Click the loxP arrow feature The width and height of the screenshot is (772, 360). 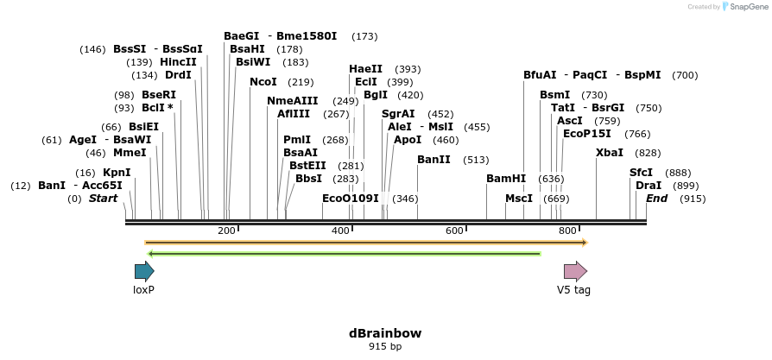tap(143, 271)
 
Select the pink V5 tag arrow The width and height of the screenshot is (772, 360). tap(575, 271)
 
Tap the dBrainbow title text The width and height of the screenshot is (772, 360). tap(385, 333)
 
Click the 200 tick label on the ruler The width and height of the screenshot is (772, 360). tap(226, 231)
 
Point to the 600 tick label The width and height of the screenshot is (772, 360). tap(454, 231)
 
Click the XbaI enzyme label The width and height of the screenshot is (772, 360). tap(611, 152)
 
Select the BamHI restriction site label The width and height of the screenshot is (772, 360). tap(506, 179)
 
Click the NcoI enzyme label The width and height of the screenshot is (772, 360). tap(263, 82)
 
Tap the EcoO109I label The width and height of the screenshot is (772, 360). tap(351, 199)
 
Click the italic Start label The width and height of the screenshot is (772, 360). tap(104, 199)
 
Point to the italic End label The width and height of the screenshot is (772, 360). tap(657, 199)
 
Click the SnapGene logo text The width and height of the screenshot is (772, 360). tap(746, 7)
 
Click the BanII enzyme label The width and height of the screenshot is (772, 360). tap(433, 160)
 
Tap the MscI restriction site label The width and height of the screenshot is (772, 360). tap(519, 199)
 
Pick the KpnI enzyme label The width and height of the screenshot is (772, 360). tap(117, 173)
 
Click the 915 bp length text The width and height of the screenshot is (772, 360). tap(385, 347)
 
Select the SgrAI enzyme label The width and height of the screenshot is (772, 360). tap(398, 114)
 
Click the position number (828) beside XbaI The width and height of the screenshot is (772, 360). tap(648, 153)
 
